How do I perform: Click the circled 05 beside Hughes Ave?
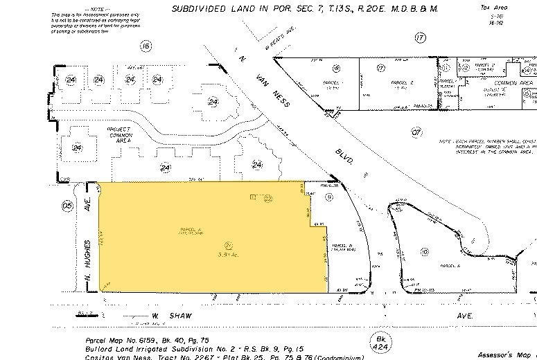[x=67, y=205]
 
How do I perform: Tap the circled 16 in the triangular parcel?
[x=335, y=68]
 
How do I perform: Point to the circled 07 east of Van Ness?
[x=416, y=131]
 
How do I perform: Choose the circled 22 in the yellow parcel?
[x=266, y=198]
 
